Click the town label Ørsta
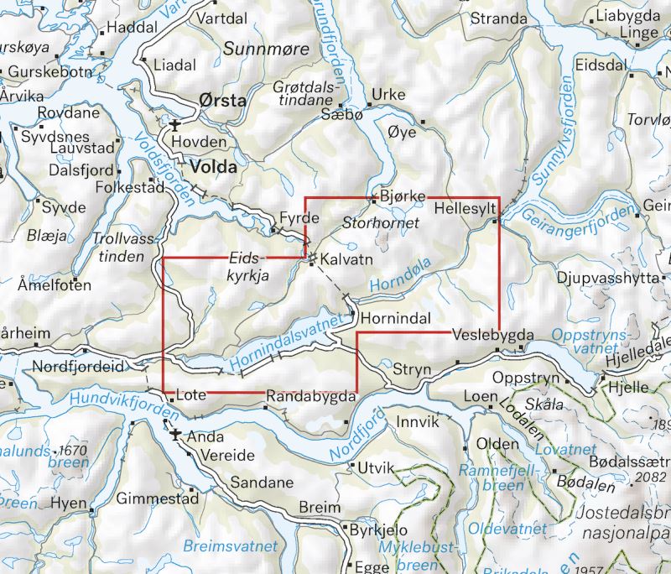222,101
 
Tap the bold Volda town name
213,166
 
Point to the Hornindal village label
395,318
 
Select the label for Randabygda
311,394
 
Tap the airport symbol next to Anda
175,436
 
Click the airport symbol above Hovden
174,126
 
